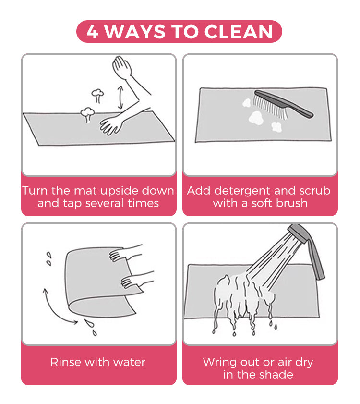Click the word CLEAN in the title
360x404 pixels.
click(238, 32)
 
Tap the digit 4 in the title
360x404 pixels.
click(93, 32)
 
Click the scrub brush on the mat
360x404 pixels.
click(283, 104)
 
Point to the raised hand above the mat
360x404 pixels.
click(122, 68)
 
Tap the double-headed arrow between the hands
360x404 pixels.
click(120, 98)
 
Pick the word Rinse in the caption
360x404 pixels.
click(66, 362)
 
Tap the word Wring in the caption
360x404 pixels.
click(220, 363)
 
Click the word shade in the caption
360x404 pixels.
click(276, 374)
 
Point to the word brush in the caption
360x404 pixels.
click(292, 203)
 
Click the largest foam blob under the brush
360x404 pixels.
click(256, 118)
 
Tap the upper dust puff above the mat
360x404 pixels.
click(97, 95)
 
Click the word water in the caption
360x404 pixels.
click(130, 362)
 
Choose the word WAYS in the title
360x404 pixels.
click(135, 32)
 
